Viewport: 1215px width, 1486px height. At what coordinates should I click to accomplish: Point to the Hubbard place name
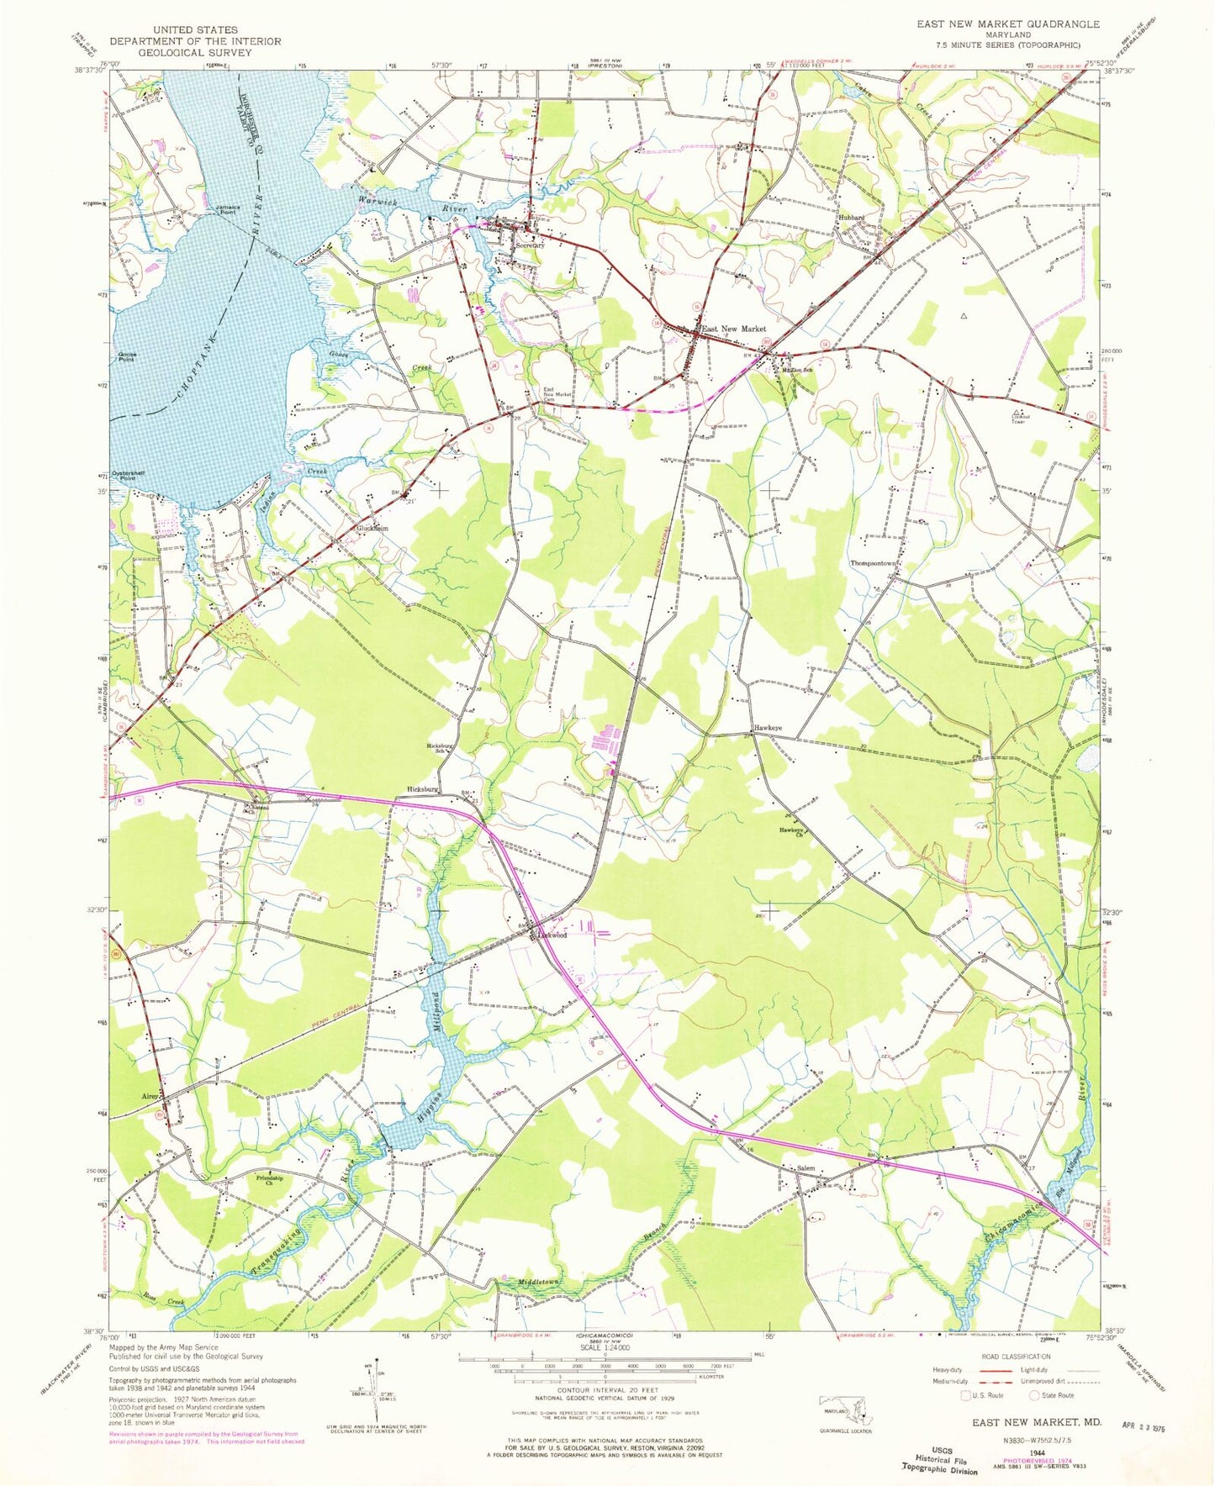[x=850, y=218]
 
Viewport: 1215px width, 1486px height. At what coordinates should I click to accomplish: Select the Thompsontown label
[x=875, y=563]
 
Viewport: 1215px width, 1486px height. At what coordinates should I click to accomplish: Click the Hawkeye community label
[x=768, y=728]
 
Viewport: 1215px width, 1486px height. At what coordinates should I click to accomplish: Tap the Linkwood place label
[x=552, y=935]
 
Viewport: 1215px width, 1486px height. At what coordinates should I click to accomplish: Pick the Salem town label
[x=806, y=1169]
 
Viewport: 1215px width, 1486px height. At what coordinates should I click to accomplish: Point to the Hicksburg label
[x=422, y=789]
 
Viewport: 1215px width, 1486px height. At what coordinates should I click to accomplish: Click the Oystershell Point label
[x=131, y=476]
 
